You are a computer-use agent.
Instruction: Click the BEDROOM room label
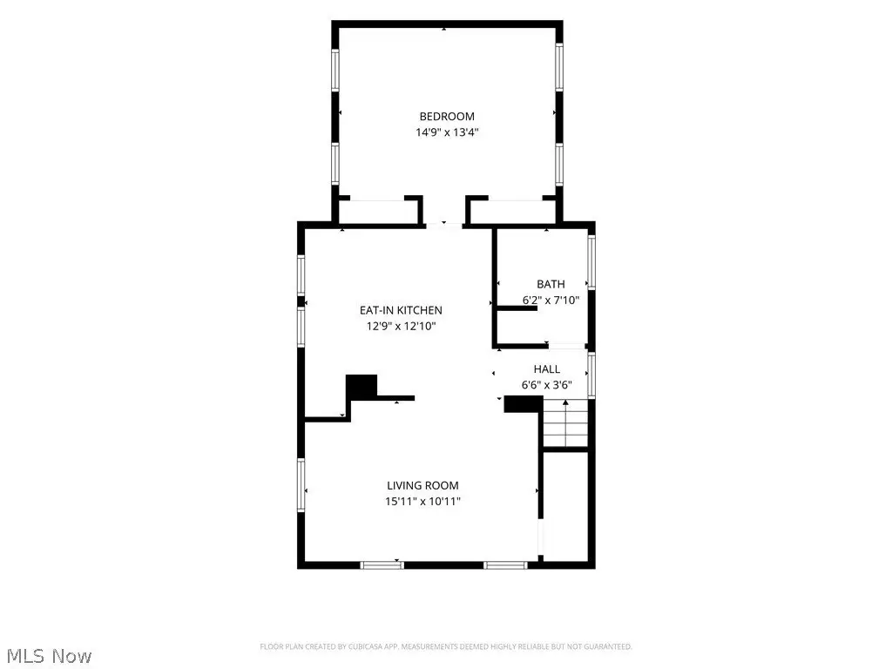(x=447, y=117)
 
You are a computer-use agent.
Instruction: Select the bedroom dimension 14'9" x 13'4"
(x=447, y=132)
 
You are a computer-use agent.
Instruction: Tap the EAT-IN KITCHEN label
(x=401, y=310)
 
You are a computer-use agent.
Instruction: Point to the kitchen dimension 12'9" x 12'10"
(x=401, y=326)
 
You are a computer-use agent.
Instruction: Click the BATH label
(x=551, y=284)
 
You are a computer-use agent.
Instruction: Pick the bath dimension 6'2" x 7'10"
(x=551, y=300)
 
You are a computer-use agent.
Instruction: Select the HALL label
(x=547, y=369)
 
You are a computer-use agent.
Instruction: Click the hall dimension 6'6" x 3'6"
(x=547, y=385)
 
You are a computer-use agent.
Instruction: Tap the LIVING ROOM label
(x=422, y=485)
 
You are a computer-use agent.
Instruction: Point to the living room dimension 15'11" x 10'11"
(x=422, y=501)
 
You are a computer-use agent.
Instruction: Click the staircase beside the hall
(x=565, y=423)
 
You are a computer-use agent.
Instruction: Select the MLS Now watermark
(x=49, y=656)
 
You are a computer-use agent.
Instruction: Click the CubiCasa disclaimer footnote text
(x=446, y=647)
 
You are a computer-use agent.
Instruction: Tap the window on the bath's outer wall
(x=591, y=262)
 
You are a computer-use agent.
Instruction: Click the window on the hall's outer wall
(x=591, y=375)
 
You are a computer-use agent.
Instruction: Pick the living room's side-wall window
(x=301, y=485)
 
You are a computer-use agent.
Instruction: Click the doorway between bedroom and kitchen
(x=443, y=226)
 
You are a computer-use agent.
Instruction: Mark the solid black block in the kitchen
(x=362, y=387)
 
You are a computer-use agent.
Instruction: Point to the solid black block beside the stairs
(x=524, y=404)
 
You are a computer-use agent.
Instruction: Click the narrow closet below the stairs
(x=565, y=506)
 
